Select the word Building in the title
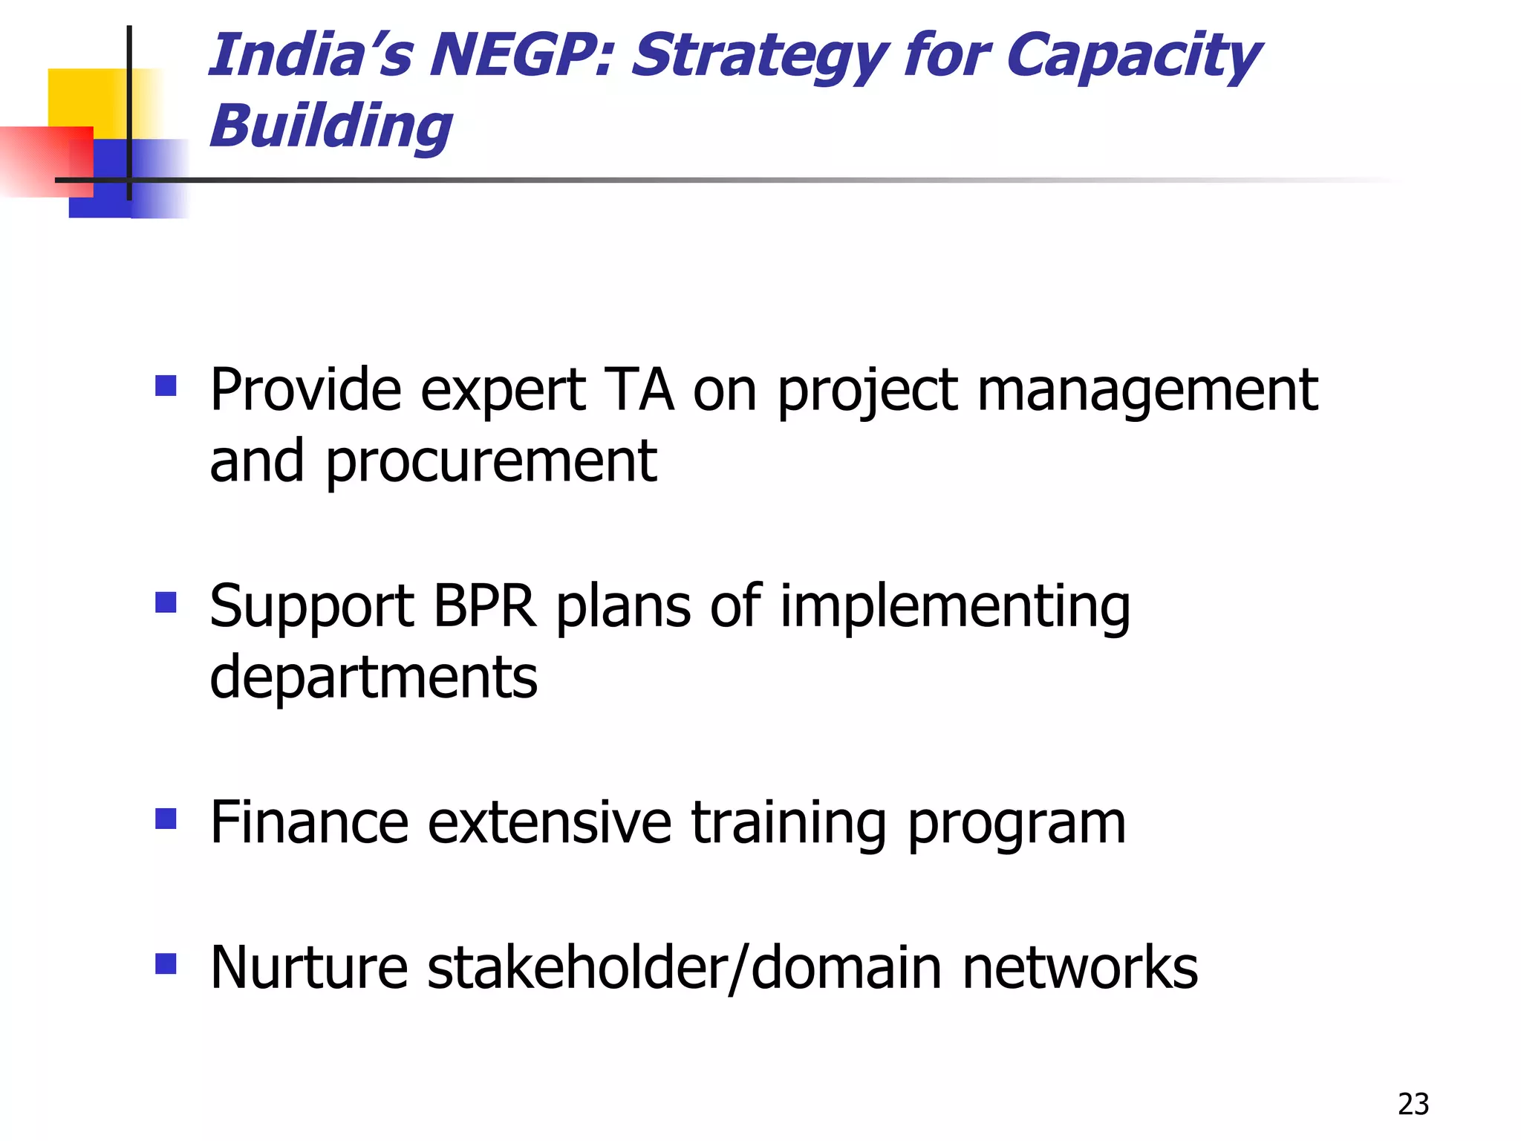331,126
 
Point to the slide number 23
1413,1104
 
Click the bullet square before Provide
166,386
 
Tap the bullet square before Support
166,602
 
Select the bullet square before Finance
166,819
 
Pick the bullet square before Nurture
166,963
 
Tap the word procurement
491,462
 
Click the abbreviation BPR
483,606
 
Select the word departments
374,677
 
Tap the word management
1147,392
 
